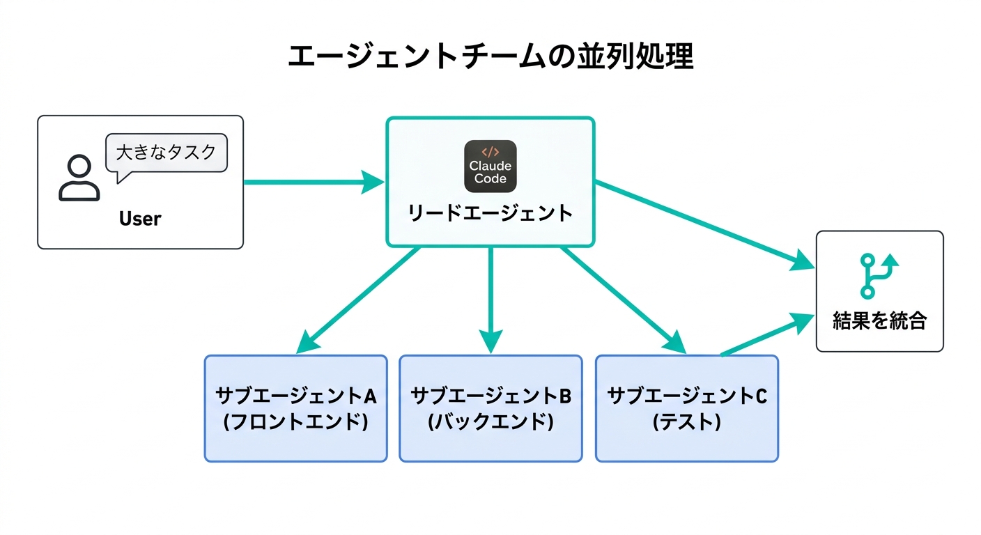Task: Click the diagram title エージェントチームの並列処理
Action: (490, 56)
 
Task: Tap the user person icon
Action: (79, 178)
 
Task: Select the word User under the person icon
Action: (140, 219)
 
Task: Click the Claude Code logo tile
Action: (490, 166)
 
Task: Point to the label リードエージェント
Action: (490, 213)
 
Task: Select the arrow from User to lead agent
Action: (314, 183)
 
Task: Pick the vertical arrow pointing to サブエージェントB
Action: (490, 300)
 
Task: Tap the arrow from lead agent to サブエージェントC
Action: (623, 300)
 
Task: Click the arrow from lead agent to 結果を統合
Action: (704, 224)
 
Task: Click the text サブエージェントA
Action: (295, 396)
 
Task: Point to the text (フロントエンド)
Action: (295, 422)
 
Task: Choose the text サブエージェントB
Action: (490, 396)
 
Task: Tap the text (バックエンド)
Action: (490, 422)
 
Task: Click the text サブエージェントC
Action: (687, 396)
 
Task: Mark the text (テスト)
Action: (687, 422)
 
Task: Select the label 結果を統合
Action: (879, 321)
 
